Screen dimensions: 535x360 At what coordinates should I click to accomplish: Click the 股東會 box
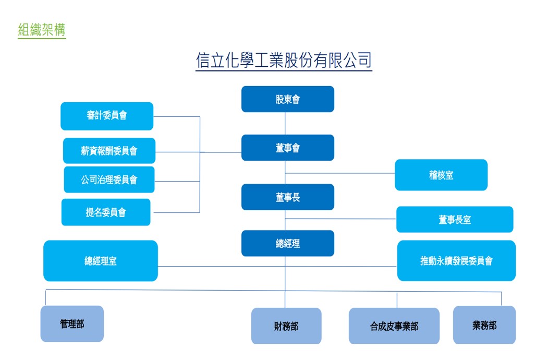[x=288, y=99]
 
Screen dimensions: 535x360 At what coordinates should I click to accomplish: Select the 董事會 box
[x=288, y=148]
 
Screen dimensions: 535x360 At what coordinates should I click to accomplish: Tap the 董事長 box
[x=288, y=197]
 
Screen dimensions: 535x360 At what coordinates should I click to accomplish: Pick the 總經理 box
[x=288, y=243]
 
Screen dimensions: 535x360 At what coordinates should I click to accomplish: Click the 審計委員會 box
[x=107, y=116]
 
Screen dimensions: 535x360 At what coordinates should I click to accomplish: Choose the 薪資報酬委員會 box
[x=109, y=150]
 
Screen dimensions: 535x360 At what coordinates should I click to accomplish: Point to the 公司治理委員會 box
[x=109, y=179]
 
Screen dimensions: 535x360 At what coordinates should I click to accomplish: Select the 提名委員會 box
[x=106, y=212]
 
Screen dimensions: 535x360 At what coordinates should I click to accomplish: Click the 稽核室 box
[x=441, y=175]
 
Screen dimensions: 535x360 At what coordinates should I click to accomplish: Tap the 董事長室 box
[x=455, y=220]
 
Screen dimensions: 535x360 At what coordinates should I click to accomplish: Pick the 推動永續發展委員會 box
[x=457, y=261]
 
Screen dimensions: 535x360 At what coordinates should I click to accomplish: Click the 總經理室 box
[x=101, y=261]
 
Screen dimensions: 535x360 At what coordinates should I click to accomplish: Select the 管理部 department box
[x=72, y=324]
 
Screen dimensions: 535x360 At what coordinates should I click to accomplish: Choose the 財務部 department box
[x=286, y=326]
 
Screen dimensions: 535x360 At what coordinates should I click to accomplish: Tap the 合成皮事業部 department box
[x=394, y=326]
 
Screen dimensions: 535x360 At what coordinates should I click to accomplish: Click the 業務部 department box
[x=484, y=325]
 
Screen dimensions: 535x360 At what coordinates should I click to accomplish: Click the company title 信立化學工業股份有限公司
[x=284, y=61]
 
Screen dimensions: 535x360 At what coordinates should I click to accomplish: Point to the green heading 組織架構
[x=42, y=30]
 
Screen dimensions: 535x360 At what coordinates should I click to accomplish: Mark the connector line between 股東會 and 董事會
[x=285, y=123]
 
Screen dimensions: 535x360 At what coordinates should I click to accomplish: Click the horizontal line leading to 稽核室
[x=340, y=173]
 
